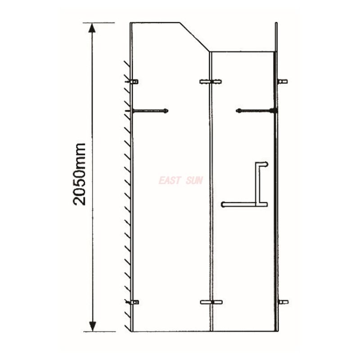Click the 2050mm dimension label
[80, 174]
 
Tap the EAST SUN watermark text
[180, 180]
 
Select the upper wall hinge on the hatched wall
[134, 82]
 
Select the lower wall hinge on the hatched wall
[134, 302]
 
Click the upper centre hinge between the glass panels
[210, 82]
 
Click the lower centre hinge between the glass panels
[211, 302]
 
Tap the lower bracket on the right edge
[282, 302]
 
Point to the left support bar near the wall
[149, 111]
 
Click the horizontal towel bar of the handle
[243, 205]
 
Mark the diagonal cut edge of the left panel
[195, 37]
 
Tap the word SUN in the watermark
[194, 180]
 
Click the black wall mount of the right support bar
[273, 111]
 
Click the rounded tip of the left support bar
[166, 111]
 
